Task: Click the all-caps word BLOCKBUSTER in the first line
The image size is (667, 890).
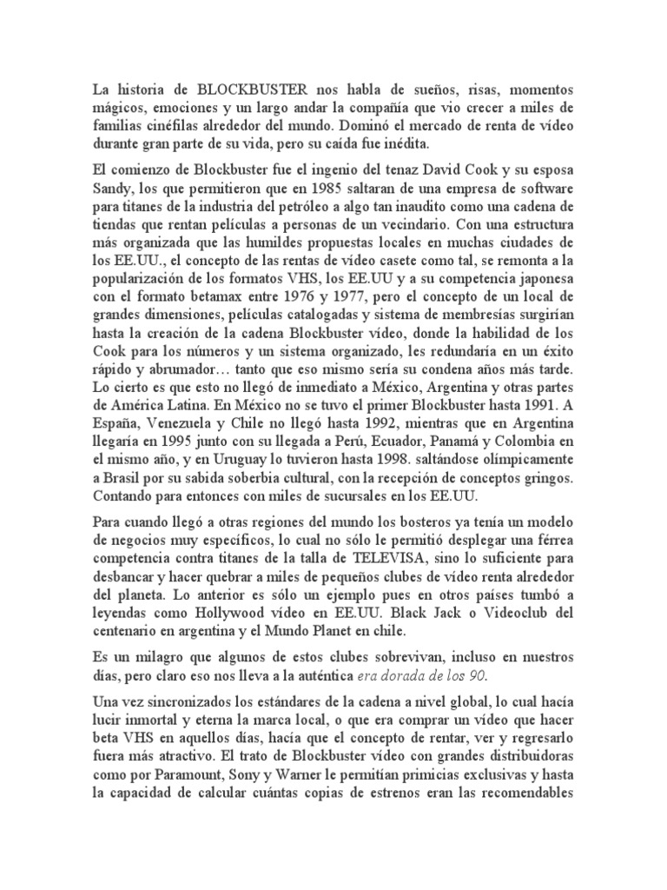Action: [248, 90]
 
